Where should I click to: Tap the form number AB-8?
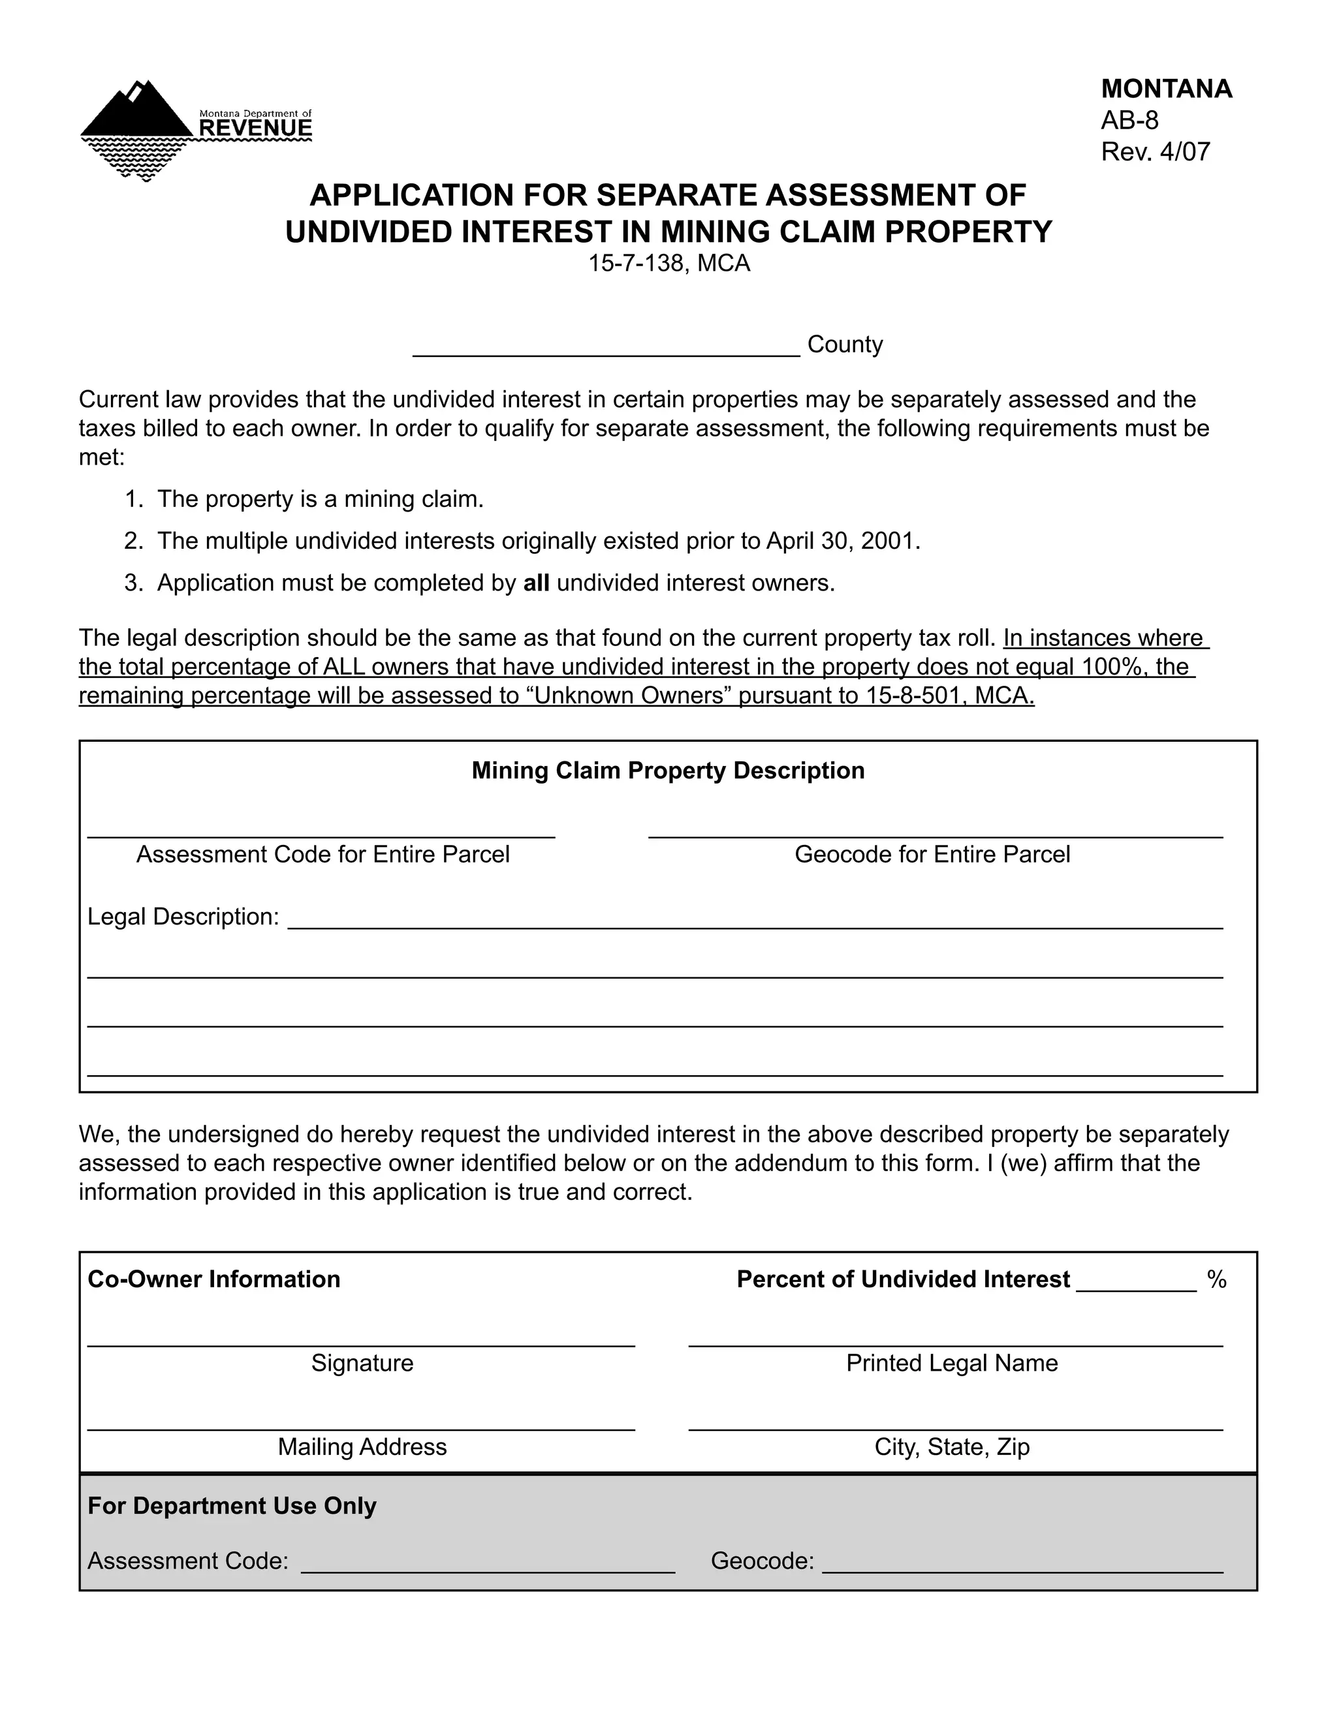[1129, 120]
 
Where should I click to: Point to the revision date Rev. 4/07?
[1155, 151]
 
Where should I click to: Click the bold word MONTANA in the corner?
[1166, 89]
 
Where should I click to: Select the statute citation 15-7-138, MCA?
[668, 264]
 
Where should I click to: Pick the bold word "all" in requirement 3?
[536, 583]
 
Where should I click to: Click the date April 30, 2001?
[842, 542]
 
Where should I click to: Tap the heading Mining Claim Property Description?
[668, 771]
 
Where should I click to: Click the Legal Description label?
[183, 917]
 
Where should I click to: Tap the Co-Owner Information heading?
[214, 1279]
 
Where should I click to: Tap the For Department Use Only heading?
[231, 1506]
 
